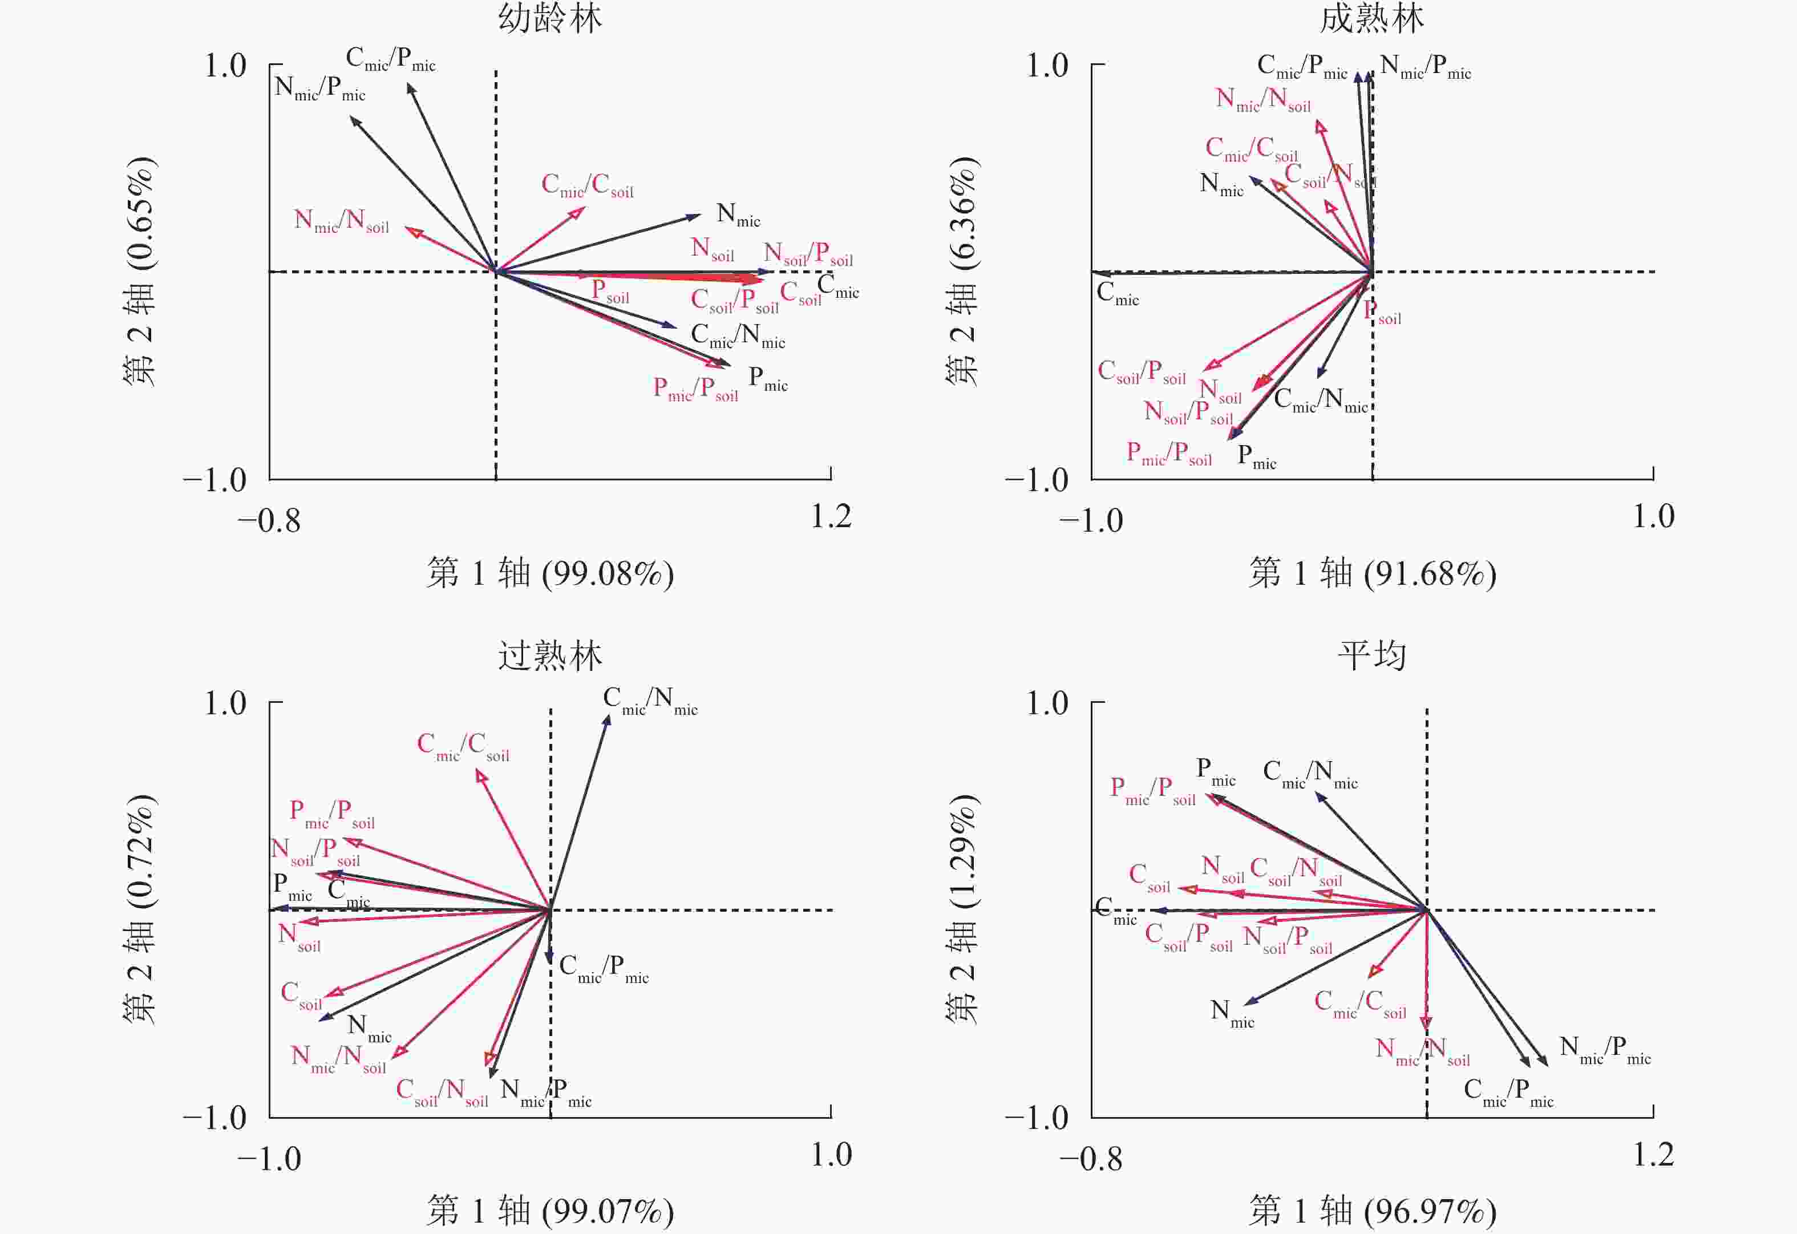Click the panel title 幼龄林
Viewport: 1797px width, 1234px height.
coord(550,19)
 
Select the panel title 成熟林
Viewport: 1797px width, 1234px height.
coord(1372,19)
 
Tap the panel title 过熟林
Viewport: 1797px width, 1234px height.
coord(550,657)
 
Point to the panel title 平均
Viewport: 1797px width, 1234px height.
coord(1372,657)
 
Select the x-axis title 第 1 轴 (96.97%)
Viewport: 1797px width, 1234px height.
coord(1373,1211)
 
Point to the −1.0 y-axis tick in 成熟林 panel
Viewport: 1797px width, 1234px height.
coord(1036,481)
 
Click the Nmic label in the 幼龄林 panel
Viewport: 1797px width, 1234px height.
coord(738,215)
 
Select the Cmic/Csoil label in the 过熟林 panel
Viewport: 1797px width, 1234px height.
coord(463,747)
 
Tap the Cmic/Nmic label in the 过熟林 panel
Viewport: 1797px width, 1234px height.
coord(650,701)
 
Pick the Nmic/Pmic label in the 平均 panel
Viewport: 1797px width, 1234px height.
coord(1604,1051)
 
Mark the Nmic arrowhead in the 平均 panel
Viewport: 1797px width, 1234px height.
coord(1246,1003)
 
